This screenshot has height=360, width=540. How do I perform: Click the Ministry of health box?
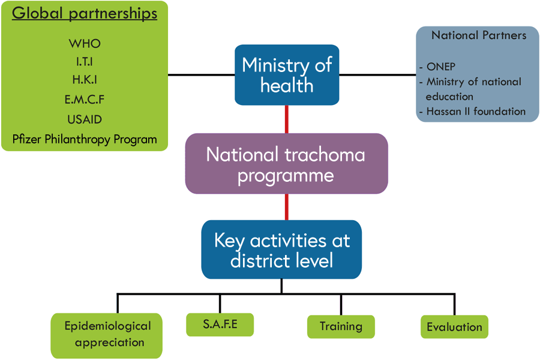tap(287, 75)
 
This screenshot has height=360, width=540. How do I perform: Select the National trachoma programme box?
tap(286, 164)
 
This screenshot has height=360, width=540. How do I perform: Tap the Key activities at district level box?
tap(281, 250)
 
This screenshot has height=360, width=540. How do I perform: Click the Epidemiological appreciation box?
tap(107, 335)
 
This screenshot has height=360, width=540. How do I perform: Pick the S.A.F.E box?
tap(220, 325)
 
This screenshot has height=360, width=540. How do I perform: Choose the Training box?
tap(341, 327)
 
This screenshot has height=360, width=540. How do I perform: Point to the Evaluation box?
tap(454, 327)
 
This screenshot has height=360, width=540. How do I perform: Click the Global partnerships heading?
tap(85, 14)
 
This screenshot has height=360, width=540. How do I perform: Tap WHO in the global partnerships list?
tap(85, 44)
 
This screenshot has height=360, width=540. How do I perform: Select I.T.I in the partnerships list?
tap(85, 61)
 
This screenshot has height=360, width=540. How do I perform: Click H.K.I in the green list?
tap(85, 80)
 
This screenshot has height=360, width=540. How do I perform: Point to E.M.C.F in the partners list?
tap(85, 99)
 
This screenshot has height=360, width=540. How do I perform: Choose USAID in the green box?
tap(85, 119)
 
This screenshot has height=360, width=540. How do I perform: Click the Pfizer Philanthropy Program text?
tap(85, 140)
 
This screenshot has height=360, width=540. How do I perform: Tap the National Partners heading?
tap(478, 35)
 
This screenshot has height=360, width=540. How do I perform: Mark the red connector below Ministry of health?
tap(287, 119)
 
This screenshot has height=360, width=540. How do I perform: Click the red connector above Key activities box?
tap(287, 207)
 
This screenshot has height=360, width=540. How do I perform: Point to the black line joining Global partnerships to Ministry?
tap(201, 75)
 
